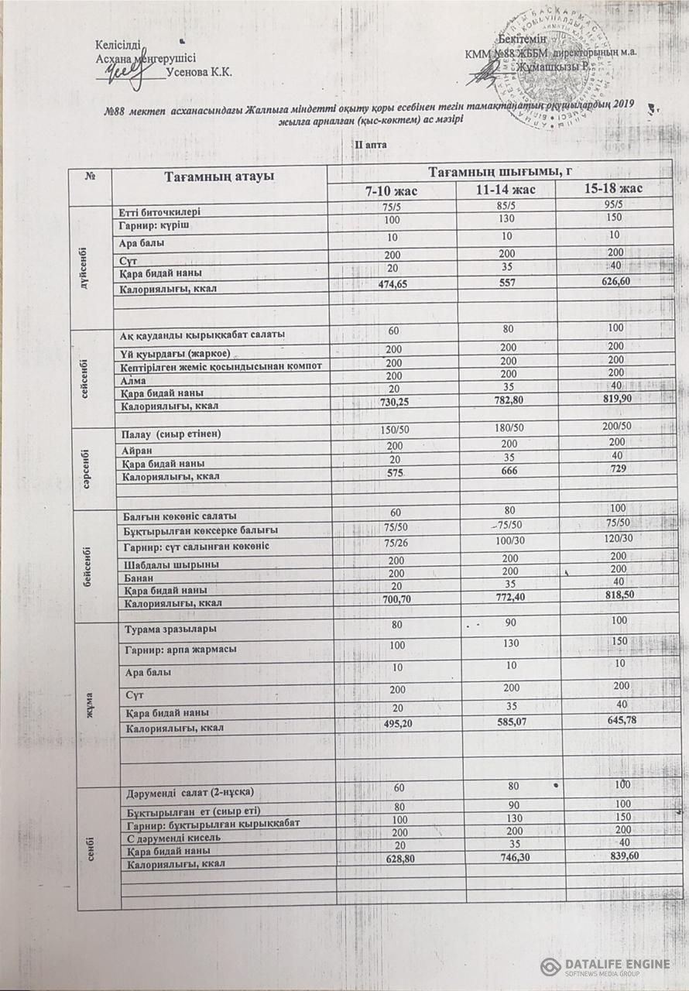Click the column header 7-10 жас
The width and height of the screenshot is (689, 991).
pos(391,190)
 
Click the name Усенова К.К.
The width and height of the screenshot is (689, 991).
pos(200,73)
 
